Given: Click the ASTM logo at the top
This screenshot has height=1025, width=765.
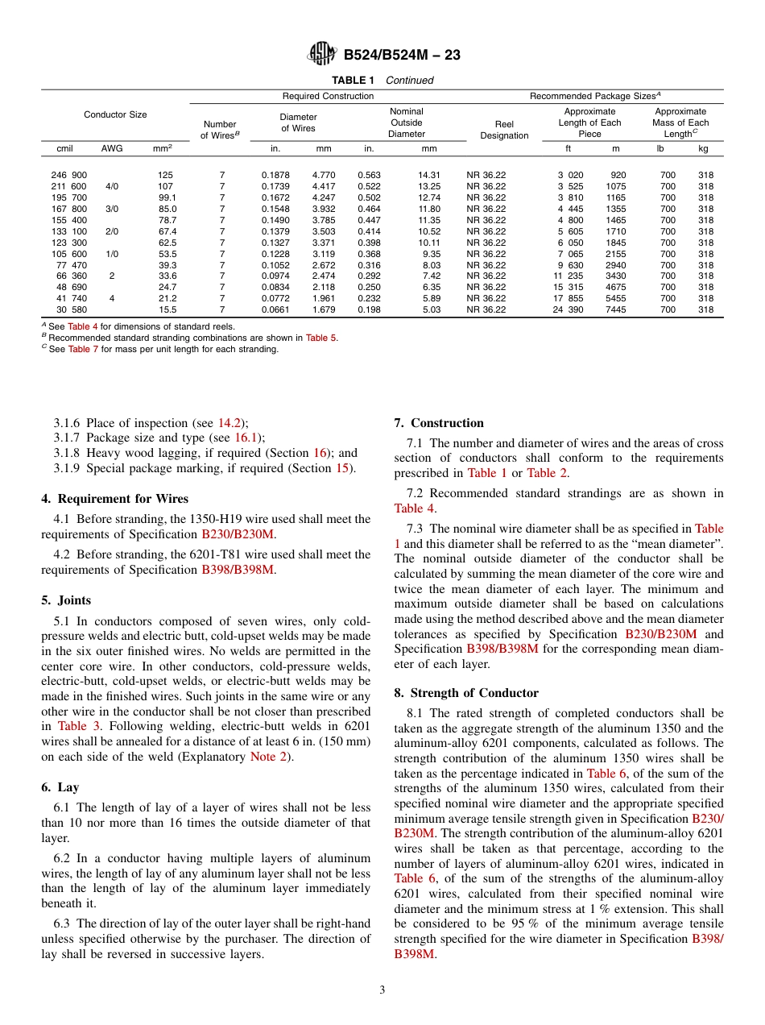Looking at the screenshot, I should pos(322,55).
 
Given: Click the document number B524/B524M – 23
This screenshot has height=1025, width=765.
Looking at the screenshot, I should pos(401,56).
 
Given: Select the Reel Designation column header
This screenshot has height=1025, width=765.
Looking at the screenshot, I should pos(504,130).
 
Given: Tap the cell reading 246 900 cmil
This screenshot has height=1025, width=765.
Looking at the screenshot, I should pos(70,175).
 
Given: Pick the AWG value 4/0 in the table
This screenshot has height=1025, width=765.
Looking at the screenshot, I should pos(112,186).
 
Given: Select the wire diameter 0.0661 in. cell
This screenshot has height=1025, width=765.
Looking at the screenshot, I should pos(275,309).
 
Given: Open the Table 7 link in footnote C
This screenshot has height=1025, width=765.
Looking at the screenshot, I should pos(79,349).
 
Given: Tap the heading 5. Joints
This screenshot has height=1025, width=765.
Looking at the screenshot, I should pos(66,600).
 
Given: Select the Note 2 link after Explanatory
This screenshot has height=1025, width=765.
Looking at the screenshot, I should pos(268,757).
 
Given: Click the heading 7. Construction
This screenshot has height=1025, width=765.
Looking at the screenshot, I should pos(439,423).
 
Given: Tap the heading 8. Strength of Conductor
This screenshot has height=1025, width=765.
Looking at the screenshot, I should pos(466,693).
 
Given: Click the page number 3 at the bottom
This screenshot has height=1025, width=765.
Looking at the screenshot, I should pos(382,990).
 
